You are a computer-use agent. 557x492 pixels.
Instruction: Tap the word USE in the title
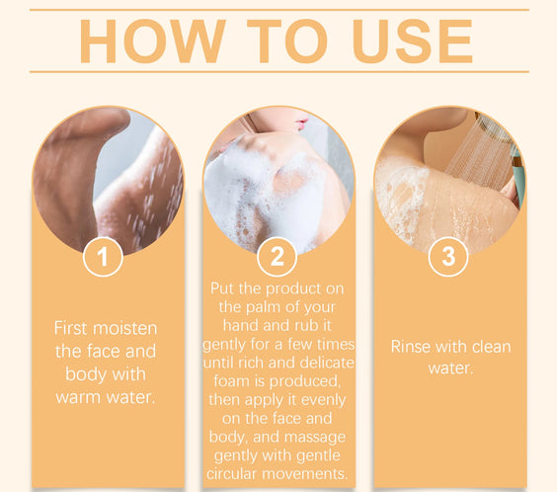(413, 41)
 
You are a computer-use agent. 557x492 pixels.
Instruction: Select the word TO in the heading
(287, 41)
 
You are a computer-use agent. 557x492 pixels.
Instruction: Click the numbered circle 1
(103, 257)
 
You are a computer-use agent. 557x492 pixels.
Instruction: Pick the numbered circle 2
(278, 257)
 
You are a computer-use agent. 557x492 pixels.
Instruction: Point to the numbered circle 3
(448, 257)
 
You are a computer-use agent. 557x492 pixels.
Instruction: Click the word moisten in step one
(124, 328)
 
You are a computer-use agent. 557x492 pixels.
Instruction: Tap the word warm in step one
(78, 397)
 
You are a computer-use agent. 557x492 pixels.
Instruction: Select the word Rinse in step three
(410, 347)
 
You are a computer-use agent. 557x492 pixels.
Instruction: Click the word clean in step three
(491, 347)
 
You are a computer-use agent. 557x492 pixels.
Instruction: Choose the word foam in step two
(231, 381)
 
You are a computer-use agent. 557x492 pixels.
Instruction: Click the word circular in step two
(232, 474)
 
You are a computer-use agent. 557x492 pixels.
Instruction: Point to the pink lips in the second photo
(301, 123)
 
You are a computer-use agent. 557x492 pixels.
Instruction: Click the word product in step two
(293, 288)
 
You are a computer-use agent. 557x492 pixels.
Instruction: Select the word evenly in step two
(323, 400)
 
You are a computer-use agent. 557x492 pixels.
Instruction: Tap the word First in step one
(70, 328)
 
